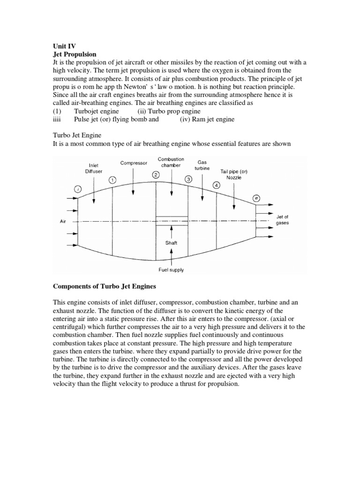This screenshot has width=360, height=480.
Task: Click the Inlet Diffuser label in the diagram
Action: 93,168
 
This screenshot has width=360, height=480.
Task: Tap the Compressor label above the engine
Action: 134,163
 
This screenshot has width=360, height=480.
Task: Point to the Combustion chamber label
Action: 171,162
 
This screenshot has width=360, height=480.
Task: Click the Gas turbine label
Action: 202,165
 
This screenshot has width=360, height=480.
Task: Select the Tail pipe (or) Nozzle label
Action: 234,174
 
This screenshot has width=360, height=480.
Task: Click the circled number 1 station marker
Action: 112,180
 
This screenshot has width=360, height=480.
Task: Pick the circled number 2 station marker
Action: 156,174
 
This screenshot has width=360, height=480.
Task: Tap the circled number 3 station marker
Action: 188,179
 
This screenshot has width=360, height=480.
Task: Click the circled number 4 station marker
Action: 216,185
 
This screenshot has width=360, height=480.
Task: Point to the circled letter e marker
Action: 256,198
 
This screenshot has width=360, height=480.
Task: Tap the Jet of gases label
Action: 283,220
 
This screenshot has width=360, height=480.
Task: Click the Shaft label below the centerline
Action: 171,243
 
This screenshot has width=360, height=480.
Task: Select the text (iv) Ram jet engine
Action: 207,119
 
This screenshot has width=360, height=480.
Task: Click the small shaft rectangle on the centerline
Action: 172,221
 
